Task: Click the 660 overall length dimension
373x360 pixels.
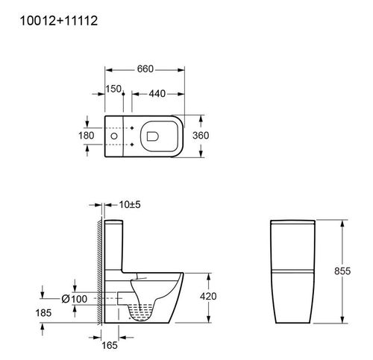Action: (145, 69)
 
